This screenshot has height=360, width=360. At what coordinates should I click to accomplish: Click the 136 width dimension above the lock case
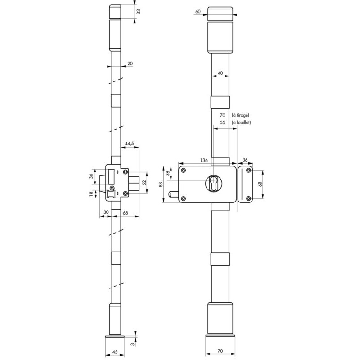click(x=204, y=160)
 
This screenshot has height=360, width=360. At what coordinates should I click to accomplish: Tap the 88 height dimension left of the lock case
click(x=161, y=184)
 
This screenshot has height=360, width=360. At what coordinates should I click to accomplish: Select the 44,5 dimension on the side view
click(x=129, y=144)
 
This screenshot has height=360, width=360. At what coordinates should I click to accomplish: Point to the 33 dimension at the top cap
click(x=139, y=12)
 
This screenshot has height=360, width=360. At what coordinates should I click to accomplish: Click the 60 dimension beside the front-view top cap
click(x=198, y=12)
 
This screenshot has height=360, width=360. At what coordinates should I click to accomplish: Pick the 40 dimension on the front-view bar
click(x=220, y=73)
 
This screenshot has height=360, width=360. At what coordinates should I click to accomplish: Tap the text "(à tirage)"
click(x=241, y=115)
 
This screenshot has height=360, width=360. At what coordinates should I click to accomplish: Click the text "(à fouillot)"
click(x=241, y=122)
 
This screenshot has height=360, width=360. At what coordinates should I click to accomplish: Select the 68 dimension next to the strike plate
click(x=260, y=184)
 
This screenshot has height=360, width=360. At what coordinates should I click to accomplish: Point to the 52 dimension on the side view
click(x=144, y=183)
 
